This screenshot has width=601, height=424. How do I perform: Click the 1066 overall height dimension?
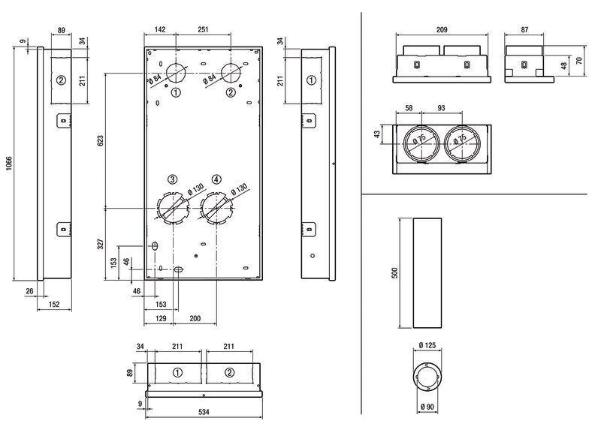coord(9,164)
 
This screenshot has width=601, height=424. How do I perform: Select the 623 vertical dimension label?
coord(101,140)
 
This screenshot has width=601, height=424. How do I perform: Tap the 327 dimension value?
coord(101,244)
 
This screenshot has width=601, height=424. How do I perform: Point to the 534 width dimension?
coord(204,412)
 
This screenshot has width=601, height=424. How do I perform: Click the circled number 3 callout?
coord(173,179)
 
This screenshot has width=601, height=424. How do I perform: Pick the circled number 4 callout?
coord(216,179)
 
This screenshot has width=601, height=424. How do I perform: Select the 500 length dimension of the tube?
coord(395,272)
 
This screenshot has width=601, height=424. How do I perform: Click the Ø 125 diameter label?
coord(427,345)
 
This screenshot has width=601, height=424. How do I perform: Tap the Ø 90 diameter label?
coord(427,407)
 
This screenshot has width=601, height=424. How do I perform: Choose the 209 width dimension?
coord(442,29)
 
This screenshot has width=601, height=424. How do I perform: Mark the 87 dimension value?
coord(524,29)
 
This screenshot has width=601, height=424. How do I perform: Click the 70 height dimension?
coord(578,61)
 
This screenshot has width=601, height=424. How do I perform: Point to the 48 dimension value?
coord(564,66)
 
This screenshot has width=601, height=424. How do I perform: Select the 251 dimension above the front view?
coord(203,29)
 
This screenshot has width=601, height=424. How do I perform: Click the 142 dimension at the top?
coord(159,29)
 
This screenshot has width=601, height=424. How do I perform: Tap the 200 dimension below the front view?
coord(195,318)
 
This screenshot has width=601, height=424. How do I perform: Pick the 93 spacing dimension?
coord(441,108)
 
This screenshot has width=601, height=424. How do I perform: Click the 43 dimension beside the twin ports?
coord(378,134)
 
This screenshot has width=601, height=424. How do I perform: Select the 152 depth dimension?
coord(54,305)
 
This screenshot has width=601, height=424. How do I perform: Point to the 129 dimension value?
coord(161,318)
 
